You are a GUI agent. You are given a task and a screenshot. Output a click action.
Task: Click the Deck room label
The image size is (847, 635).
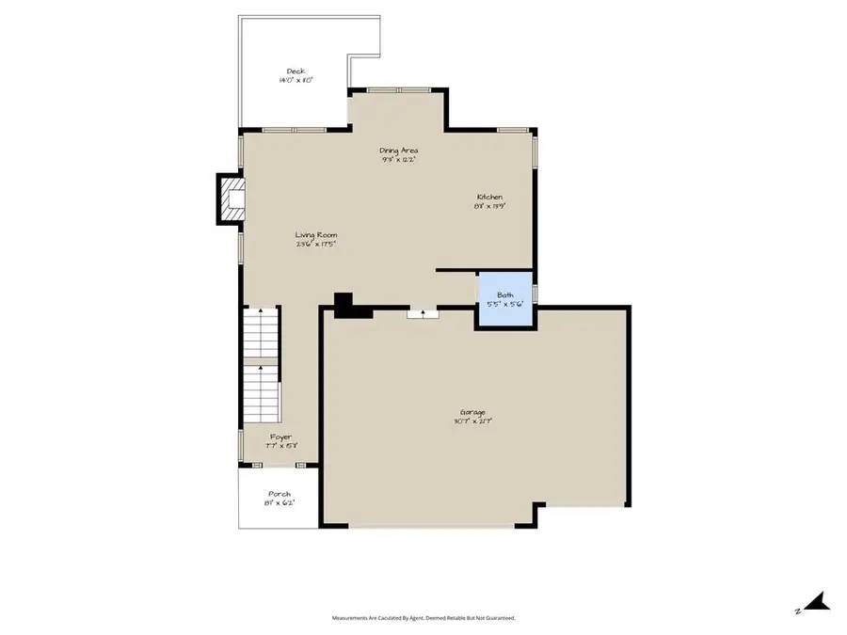pyautogui.click(x=296, y=71)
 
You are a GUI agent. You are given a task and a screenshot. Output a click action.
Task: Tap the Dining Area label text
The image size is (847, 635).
pyautogui.click(x=398, y=150)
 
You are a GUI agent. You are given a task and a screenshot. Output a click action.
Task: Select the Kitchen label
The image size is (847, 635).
pyautogui.click(x=489, y=197)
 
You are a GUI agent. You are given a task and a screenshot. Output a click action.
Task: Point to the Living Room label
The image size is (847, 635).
pyautogui.click(x=315, y=235)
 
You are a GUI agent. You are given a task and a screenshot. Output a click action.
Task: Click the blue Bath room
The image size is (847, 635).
pyautogui.click(x=505, y=300)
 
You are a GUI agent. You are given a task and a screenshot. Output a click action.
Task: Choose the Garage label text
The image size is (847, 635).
pyautogui.click(x=472, y=412)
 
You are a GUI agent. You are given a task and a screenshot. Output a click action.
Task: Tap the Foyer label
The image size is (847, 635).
pyautogui.click(x=280, y=437)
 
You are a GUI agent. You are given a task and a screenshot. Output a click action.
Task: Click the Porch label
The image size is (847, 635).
pyautogui.click(x=280, y=494)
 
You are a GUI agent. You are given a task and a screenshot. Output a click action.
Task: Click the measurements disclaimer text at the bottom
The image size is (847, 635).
pyautogui.click(x=423, y=618)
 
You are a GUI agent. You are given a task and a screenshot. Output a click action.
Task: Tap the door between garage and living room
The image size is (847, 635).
pyautogui.click(x=423, y=313)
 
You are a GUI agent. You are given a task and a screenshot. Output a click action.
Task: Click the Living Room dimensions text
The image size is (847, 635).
pyautogui.click(x=315, y=245)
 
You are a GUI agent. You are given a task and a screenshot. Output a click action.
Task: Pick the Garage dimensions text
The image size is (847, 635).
pyautogui.click(x=472, y=421)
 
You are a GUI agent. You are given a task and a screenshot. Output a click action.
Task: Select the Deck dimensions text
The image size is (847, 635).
pyautogui.click(x=296, y=81)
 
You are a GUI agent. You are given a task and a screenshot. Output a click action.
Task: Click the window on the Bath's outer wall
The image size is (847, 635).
pyautogui.click(x=535, y=293)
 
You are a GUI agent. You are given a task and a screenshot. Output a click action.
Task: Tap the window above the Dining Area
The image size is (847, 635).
pyautogui.click(x=398, y=90)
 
